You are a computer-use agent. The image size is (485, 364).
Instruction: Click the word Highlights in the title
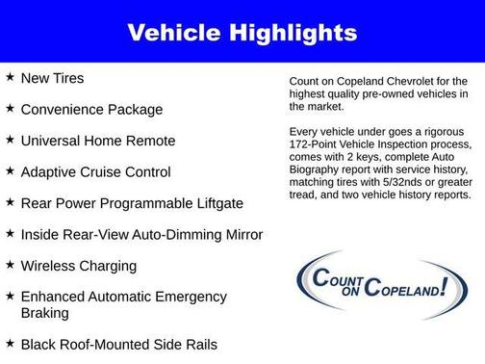[x=295, y=34]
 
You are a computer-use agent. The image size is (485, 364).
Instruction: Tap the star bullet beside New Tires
[x=10, y=77]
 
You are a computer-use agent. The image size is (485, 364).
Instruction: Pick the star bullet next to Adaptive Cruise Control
[x=10, y=170]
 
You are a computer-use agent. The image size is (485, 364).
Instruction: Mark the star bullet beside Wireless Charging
[x=10, y=264]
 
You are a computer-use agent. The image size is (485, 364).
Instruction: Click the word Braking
[x=46, y=313]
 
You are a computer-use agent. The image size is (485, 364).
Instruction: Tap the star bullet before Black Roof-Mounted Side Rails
[x=10, y=343]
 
